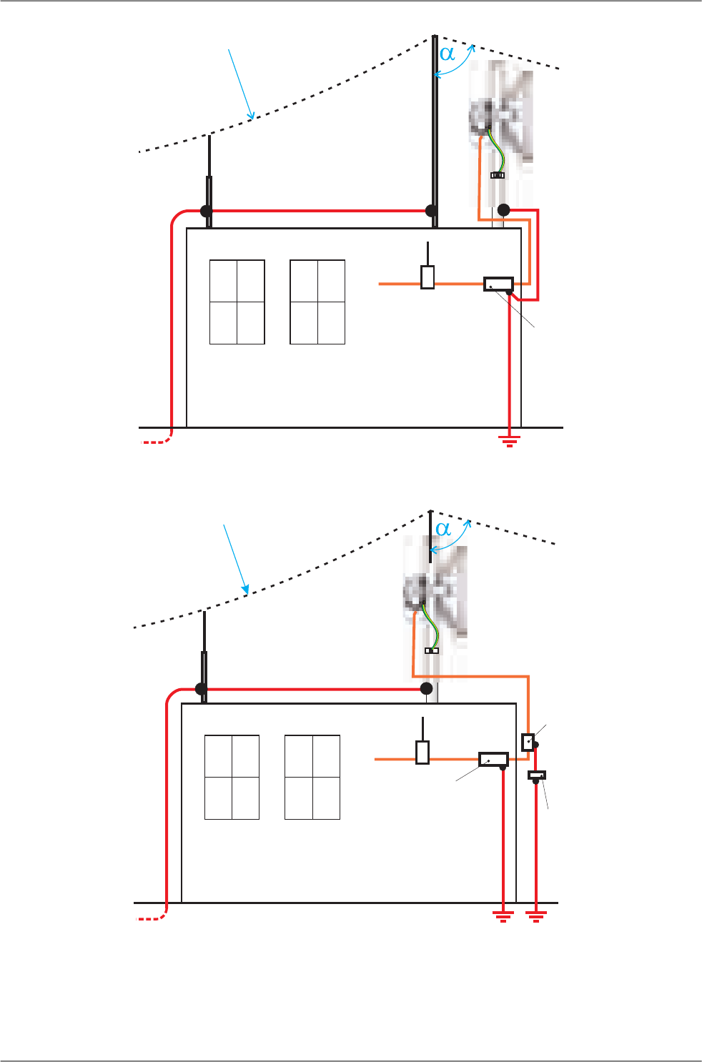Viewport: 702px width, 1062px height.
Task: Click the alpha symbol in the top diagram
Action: pos(447,54)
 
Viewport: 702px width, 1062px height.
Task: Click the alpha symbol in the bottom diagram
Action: pos(443,529)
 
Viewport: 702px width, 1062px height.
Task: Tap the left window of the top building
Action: pos(237,302)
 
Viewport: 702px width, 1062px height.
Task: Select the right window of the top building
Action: pos(317,302)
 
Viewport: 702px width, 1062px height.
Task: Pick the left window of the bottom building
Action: pos(232,777)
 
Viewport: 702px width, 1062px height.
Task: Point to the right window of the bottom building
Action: pos(312,777)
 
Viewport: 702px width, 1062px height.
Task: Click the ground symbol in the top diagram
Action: pos(509,440)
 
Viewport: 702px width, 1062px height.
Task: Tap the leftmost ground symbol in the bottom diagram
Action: pos(503,916)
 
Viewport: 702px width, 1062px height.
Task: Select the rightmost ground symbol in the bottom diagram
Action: pos(535,916)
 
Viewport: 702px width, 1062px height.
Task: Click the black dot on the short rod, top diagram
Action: pos(207,211)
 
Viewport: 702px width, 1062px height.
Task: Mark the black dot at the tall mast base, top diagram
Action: pos(431,211)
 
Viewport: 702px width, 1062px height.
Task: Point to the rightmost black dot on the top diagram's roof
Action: pos(503,210)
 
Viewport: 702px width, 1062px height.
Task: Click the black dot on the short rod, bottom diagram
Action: pos(202,689)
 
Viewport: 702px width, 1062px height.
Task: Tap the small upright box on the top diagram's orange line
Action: pos(427,277)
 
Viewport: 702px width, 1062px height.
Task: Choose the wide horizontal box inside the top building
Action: pos(498,284)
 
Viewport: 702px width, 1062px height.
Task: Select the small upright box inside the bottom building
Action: pos(422,753)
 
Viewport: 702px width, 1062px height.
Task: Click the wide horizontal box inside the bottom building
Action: pos(493,759)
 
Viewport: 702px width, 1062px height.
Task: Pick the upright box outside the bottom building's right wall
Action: pos(528,742)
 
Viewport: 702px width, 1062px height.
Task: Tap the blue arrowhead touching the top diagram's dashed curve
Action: pos(252,116)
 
